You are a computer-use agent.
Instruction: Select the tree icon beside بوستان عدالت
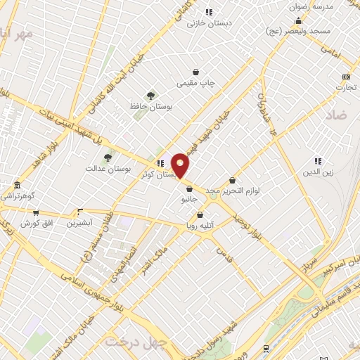coord(108,158)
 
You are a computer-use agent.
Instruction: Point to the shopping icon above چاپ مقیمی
coord(195,72)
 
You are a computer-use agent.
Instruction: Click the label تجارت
coord(346,87)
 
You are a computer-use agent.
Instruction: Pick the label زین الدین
coord(318,172)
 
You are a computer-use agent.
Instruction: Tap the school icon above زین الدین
coord(318,160)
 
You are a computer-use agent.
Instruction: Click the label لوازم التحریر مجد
coord(232,191)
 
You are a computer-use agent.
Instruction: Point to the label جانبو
coord(190,199)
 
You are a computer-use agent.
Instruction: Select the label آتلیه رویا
coord(200,226)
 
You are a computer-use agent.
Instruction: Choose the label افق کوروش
coord(35,223)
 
